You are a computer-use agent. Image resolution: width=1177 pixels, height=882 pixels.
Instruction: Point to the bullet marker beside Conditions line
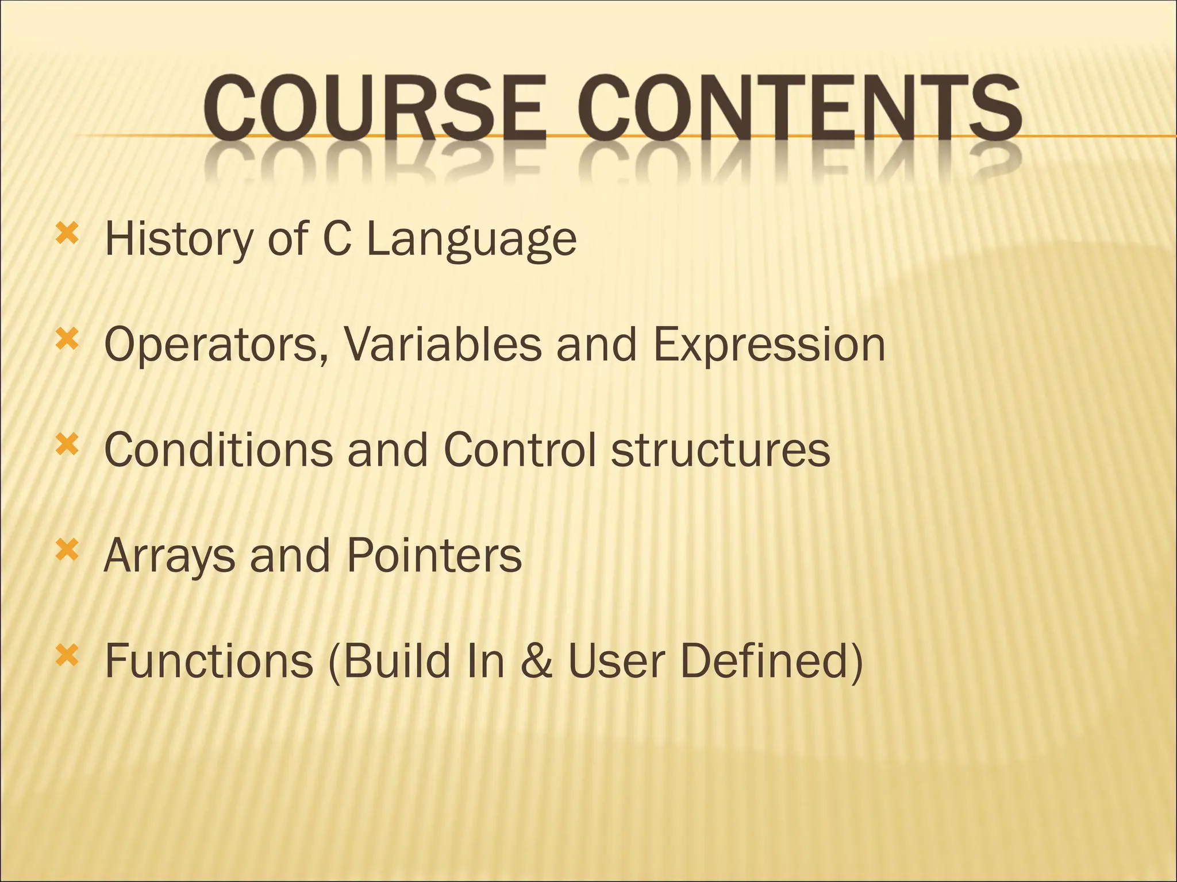(x=67, y=445)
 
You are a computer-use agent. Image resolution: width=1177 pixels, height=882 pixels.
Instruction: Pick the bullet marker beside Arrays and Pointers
(x=67, y=551)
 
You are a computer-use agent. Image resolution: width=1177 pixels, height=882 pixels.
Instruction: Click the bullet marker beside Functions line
(x=67, y=656)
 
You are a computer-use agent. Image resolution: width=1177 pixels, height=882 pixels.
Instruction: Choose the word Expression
(x=769, y=346)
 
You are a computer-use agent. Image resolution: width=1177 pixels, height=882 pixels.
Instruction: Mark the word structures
(x=720, y=451)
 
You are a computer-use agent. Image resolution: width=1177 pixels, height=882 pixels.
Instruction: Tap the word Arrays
(x=170, y=557)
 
